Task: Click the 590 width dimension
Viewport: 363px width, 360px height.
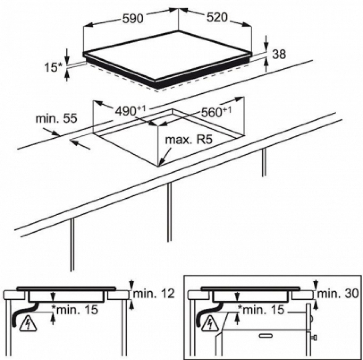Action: pos(132,18)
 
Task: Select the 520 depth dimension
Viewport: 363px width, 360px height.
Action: pos(217,17)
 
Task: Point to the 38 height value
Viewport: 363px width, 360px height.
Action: pos(279,54)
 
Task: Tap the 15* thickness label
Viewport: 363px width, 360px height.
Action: pos(53,67)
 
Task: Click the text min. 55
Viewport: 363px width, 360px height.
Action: pos(56,119)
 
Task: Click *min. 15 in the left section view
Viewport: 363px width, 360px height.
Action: pos(74,310)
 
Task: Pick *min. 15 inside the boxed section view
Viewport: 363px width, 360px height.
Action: pos(261,310)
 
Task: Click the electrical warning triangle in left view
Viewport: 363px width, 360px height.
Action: pos(28,324)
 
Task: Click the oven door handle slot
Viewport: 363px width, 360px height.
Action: pos(265,336)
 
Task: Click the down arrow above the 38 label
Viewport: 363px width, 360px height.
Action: pos(266,42)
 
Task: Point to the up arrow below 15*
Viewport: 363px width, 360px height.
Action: pos(67,76)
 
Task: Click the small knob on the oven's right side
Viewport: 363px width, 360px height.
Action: pos(315,338)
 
